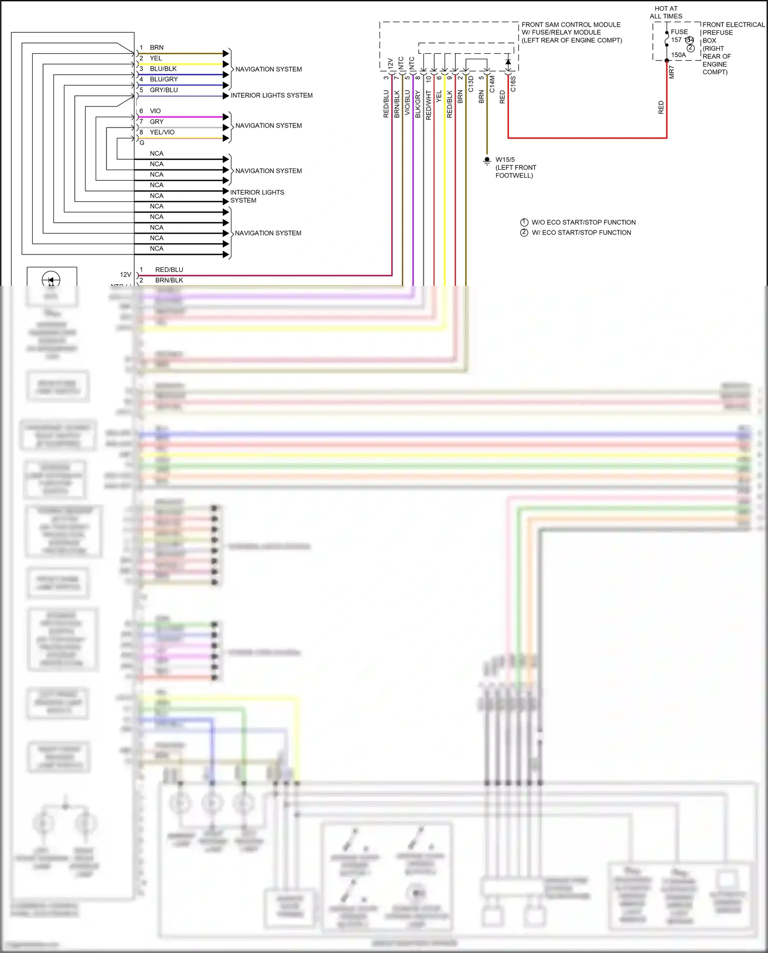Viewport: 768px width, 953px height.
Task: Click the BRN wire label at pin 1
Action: click(x=156, y=48)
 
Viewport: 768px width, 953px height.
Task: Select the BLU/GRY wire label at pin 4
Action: click(x=164, y=79)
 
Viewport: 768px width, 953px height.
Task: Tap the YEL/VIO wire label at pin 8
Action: click(x=162, y=132)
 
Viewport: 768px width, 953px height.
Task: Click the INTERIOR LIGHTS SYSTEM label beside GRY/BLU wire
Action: click(x=271, y=95)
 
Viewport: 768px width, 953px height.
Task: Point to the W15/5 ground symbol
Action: click(x=487, y=160)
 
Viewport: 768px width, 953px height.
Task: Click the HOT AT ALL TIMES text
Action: click(x=666, y=12)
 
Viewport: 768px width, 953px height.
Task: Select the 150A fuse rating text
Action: click(x=678, y=55)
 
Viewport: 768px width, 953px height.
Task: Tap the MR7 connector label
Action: click(x=672, y=72)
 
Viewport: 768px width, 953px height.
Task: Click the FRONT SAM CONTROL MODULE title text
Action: click(x=571, y=25)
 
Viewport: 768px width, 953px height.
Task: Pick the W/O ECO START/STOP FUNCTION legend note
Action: click(x=583, y=222)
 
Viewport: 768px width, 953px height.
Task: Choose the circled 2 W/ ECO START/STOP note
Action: click(x=524, y=232)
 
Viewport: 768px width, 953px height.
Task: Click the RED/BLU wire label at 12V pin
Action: click(x=169, y=270)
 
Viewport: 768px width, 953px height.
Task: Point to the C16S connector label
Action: click(x=513, y=84)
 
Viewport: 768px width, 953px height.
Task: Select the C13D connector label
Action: click(x=471, y=84)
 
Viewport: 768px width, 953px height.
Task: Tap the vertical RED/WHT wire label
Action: click(x=429, y=105)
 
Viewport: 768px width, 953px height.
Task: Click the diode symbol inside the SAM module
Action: click(x=508, y=62)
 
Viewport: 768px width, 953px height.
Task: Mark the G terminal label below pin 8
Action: click(x=142, y=143)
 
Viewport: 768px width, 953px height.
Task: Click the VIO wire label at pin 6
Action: click(x=155, y=111)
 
